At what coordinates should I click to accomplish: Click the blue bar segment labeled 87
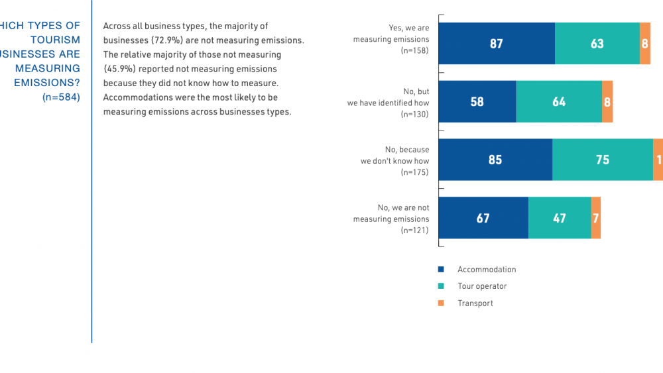point(497,44)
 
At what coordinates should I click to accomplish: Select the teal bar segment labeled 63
point(597,44)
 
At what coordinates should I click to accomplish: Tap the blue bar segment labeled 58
point(477,102)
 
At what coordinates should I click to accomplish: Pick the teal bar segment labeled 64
point(559,102)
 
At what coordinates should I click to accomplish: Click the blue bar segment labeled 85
point(495,160)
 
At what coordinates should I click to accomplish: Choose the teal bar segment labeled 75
point(603,160)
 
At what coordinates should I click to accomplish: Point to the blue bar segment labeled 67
point(483,218)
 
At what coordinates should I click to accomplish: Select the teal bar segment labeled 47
point(560,218)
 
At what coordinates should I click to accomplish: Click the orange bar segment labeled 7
point(596,218)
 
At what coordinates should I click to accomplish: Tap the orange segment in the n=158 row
point(645,44)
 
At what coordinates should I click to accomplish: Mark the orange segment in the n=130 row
point(607,102)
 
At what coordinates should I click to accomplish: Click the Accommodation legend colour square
point(440,270)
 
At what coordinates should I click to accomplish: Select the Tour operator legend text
point(482,286)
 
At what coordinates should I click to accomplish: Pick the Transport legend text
point(475,303)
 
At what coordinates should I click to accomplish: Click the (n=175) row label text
point(415,172)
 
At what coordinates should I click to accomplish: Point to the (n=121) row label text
point(415,231)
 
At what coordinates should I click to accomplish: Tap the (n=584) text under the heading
point(61,97)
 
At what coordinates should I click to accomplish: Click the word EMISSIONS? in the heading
point(47,83)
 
